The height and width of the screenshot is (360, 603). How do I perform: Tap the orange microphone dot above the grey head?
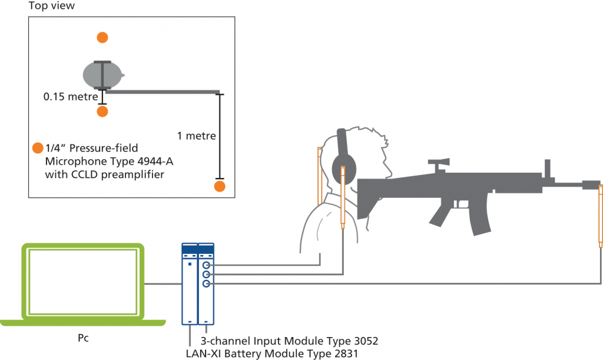pyautogui.click(x=102, y=38)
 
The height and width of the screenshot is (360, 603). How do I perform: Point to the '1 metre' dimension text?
pyautogui.click(x=196, y=136)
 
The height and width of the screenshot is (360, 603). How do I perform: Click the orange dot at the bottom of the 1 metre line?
pyautogui.click(x=220, y=187)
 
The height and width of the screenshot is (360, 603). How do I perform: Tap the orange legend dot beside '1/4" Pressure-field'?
pyautogui.click(x=38, y=148)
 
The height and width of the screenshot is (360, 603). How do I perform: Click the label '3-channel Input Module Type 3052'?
pyautogui.click(x=289, y=341)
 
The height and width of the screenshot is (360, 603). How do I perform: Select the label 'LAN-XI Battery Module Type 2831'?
pyautogui.click(x=271, y=353)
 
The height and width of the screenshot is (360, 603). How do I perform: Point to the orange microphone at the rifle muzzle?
pyautogui.click(x=601, y=215)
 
